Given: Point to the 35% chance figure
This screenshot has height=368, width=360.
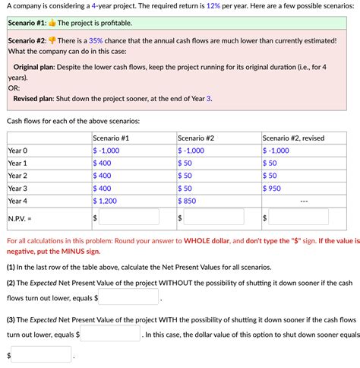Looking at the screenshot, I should coord(96,40).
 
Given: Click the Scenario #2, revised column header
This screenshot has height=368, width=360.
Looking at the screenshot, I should coord(293,138).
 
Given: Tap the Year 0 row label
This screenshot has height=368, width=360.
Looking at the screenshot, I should coord(17,151).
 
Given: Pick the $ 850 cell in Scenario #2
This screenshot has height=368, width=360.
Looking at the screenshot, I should coord(188,201).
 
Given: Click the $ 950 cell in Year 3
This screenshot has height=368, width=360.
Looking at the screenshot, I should coord(273,188).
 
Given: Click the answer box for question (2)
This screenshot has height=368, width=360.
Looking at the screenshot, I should coord(127,297).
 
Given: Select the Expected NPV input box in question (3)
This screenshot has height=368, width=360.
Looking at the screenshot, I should coord(110,334).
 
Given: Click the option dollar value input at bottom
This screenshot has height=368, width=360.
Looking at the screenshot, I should coord(42,354).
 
